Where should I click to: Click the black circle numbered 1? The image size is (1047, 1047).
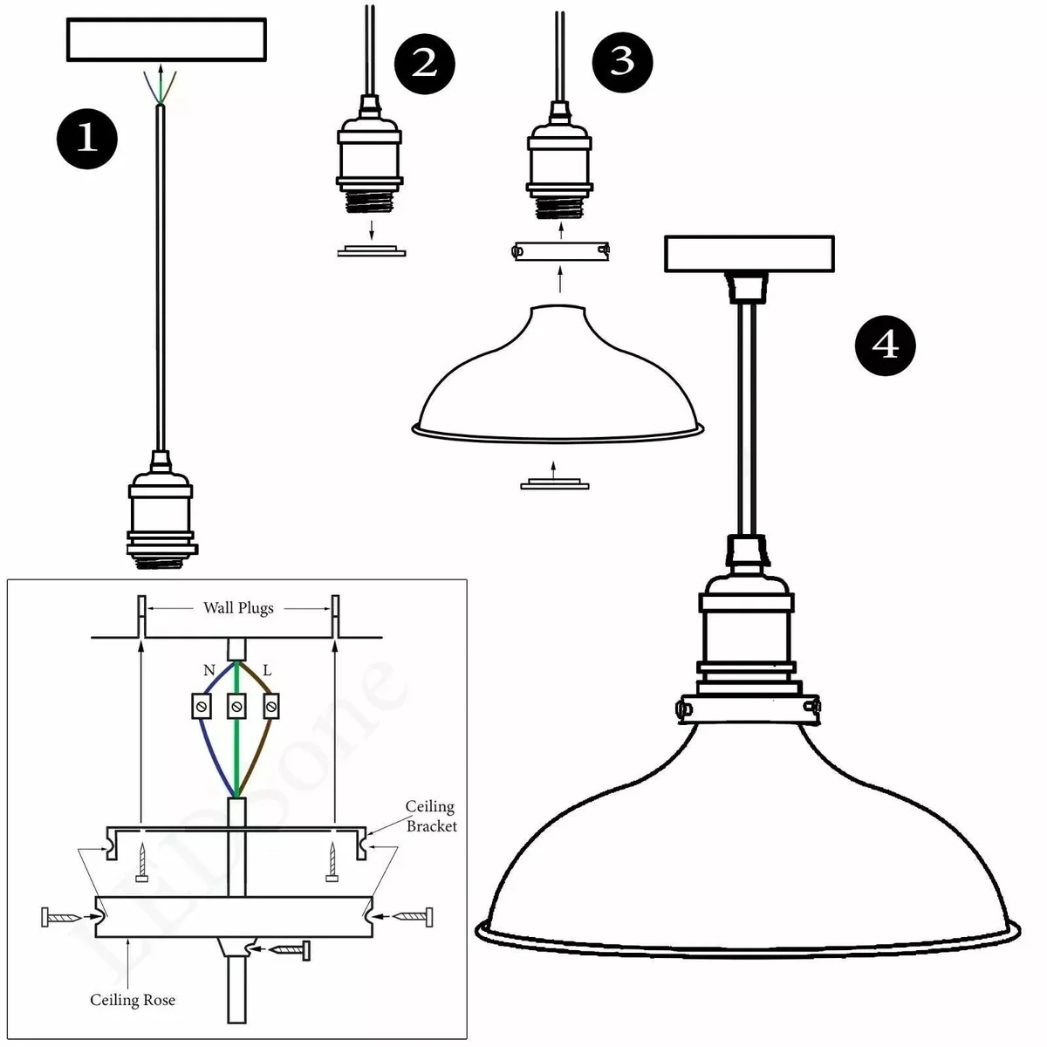[x=87, y=137]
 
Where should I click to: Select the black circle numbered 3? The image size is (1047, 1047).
[x=622, y=61]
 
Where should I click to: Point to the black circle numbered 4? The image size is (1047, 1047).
[x=886, y=346]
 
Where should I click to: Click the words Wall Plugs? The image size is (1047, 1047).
[x=238, y=608]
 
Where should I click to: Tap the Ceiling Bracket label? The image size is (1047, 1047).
[x=431, y=816]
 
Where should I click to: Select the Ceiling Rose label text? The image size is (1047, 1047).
[x=133, y=1000]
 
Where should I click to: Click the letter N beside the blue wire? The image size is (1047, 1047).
[x=209, y=671]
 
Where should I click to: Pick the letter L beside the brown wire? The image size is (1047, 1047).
[x=267, y=671]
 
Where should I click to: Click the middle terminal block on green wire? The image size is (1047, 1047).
[x=236, y=705]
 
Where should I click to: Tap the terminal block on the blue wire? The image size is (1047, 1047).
[x=202, y=705]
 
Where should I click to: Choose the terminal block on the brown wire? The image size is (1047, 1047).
[x=272, y=705]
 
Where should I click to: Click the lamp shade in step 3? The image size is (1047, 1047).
[x=558, y=384]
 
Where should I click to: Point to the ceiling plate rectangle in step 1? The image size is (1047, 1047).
[x=167, y=40]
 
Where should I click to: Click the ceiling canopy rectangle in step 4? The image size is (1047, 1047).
[x=749, y=254]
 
